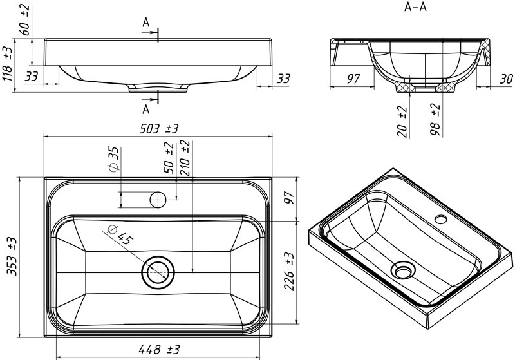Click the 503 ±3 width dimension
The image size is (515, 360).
point(158,128)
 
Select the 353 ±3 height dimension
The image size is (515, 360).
point(12,256)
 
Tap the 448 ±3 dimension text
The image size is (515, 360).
point(159,349)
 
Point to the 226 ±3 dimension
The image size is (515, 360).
point(289,271)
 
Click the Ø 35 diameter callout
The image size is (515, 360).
point(113,159)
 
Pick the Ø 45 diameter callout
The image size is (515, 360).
point(120,234)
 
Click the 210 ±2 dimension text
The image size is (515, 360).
point(185,158)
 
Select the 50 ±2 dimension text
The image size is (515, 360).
point(169,157)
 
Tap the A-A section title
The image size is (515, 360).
point(415,6)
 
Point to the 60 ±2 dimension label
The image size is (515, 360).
point(25,20)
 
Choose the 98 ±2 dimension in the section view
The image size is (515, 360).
point(435,119)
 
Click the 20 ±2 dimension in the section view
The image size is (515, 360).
point(402,122)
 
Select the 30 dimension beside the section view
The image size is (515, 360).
point(506,79)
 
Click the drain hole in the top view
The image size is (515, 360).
point(158,272)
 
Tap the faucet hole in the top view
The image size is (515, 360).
point(158,200)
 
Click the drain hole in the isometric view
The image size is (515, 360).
point(403,270)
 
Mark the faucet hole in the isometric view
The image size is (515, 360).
point(441,219)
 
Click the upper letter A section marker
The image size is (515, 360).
point(146,23)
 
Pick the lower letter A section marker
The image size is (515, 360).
point(146,109)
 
